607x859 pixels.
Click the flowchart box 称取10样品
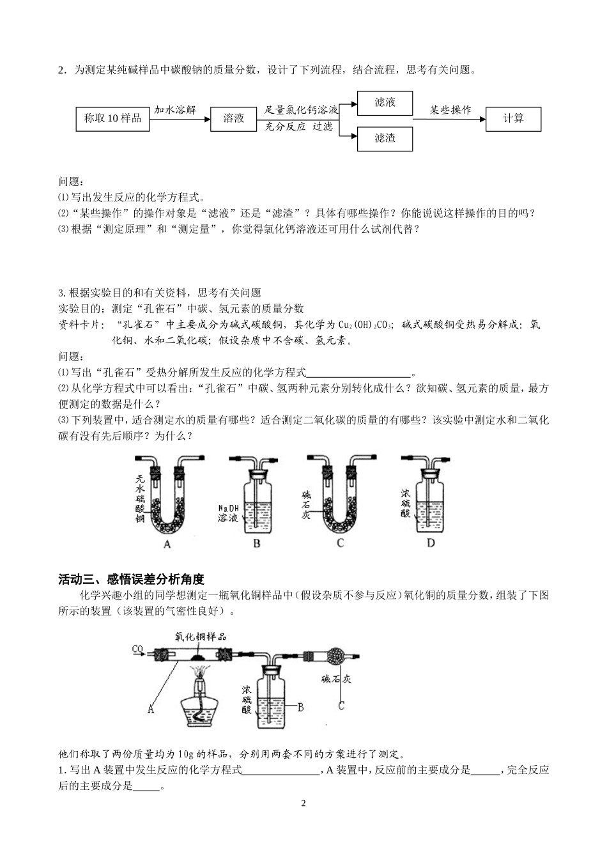(113, 118)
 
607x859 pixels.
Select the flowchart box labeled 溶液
(234, 118)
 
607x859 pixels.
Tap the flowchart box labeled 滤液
(385, 102)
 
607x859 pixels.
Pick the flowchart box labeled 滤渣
(385, 137)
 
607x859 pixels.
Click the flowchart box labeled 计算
(513, 118)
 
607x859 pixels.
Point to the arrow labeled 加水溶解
(180, 118)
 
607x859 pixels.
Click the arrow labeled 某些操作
(449, 118)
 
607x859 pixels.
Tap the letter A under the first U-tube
(167, 544)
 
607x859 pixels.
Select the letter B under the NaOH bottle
(257, 543)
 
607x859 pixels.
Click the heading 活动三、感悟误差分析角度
(131, 580)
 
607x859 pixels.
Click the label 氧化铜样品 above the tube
(201, 636)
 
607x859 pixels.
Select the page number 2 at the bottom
(303, 803)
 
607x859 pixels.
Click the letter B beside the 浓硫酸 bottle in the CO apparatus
(300, 707)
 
